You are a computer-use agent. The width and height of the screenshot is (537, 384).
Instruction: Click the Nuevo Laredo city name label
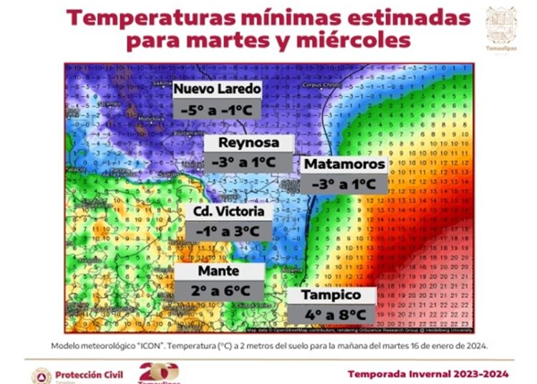(x=217, y=90)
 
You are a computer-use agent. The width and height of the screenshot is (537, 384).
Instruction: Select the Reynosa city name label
(x=248, y=143)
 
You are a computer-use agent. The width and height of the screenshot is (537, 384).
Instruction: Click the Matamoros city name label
(x=344, y=165)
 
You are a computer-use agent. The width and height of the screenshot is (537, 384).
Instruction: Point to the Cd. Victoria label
(x=228, y=212)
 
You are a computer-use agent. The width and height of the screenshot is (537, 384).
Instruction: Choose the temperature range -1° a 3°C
(x=228, y=231)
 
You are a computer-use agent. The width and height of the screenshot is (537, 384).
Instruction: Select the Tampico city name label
(x=330, y=295)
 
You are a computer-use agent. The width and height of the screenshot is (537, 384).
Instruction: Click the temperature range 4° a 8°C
(x=330, y=315)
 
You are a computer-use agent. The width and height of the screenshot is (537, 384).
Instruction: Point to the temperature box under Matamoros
(x=344, y=183)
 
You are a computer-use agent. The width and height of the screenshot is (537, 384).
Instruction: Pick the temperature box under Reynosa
(x=248, y=163)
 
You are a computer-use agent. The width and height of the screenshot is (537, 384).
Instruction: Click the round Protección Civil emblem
(x=42, y=375)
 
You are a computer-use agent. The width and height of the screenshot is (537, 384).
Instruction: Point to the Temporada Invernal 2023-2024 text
(x=429, y=374)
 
